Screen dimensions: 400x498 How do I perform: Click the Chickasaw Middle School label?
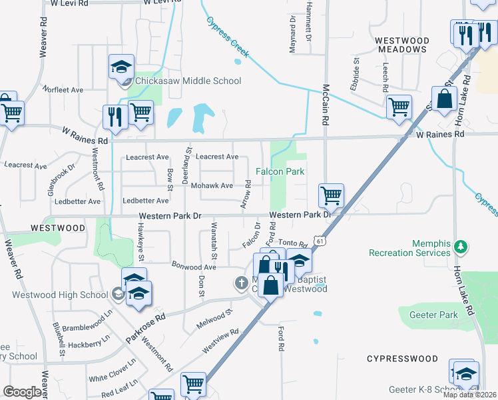point(188,81)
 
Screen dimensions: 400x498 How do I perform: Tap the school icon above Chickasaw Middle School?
point(122,67)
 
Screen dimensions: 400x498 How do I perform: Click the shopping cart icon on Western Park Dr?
point(331,196)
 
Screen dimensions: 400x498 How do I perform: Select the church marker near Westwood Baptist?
point(241,283)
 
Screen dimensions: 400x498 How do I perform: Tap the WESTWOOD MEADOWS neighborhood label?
point(401,45)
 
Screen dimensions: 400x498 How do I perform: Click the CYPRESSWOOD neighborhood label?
point(402,359)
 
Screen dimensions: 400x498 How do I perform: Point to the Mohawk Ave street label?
point(212,185)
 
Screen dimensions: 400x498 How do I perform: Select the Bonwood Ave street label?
point(194,267)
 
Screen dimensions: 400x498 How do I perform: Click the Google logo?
point(22,391)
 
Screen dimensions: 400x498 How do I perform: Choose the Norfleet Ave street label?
point(63,89)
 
